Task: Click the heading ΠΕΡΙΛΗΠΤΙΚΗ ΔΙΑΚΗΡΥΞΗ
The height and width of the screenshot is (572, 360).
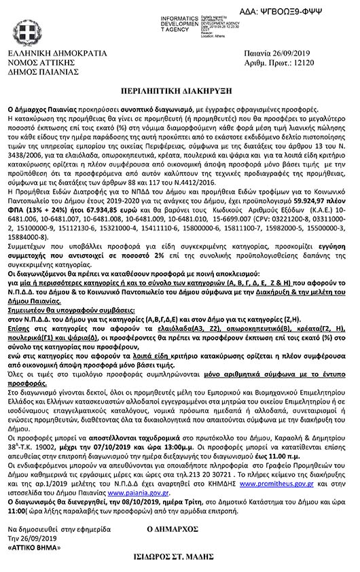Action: pyautogui.click(x=180, y=90)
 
